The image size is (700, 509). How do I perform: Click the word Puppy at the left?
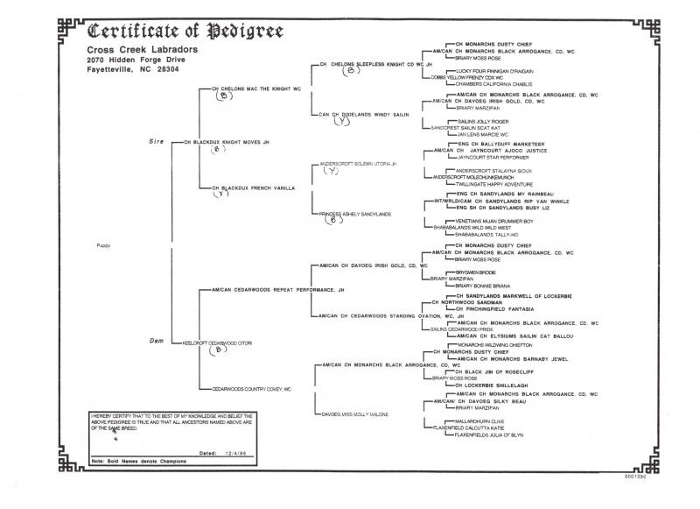[104, 246]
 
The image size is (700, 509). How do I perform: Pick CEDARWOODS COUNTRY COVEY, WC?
[251, 388]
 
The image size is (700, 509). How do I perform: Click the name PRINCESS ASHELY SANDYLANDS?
[354, 214]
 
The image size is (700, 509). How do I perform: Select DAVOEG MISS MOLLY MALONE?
[353, 413]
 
